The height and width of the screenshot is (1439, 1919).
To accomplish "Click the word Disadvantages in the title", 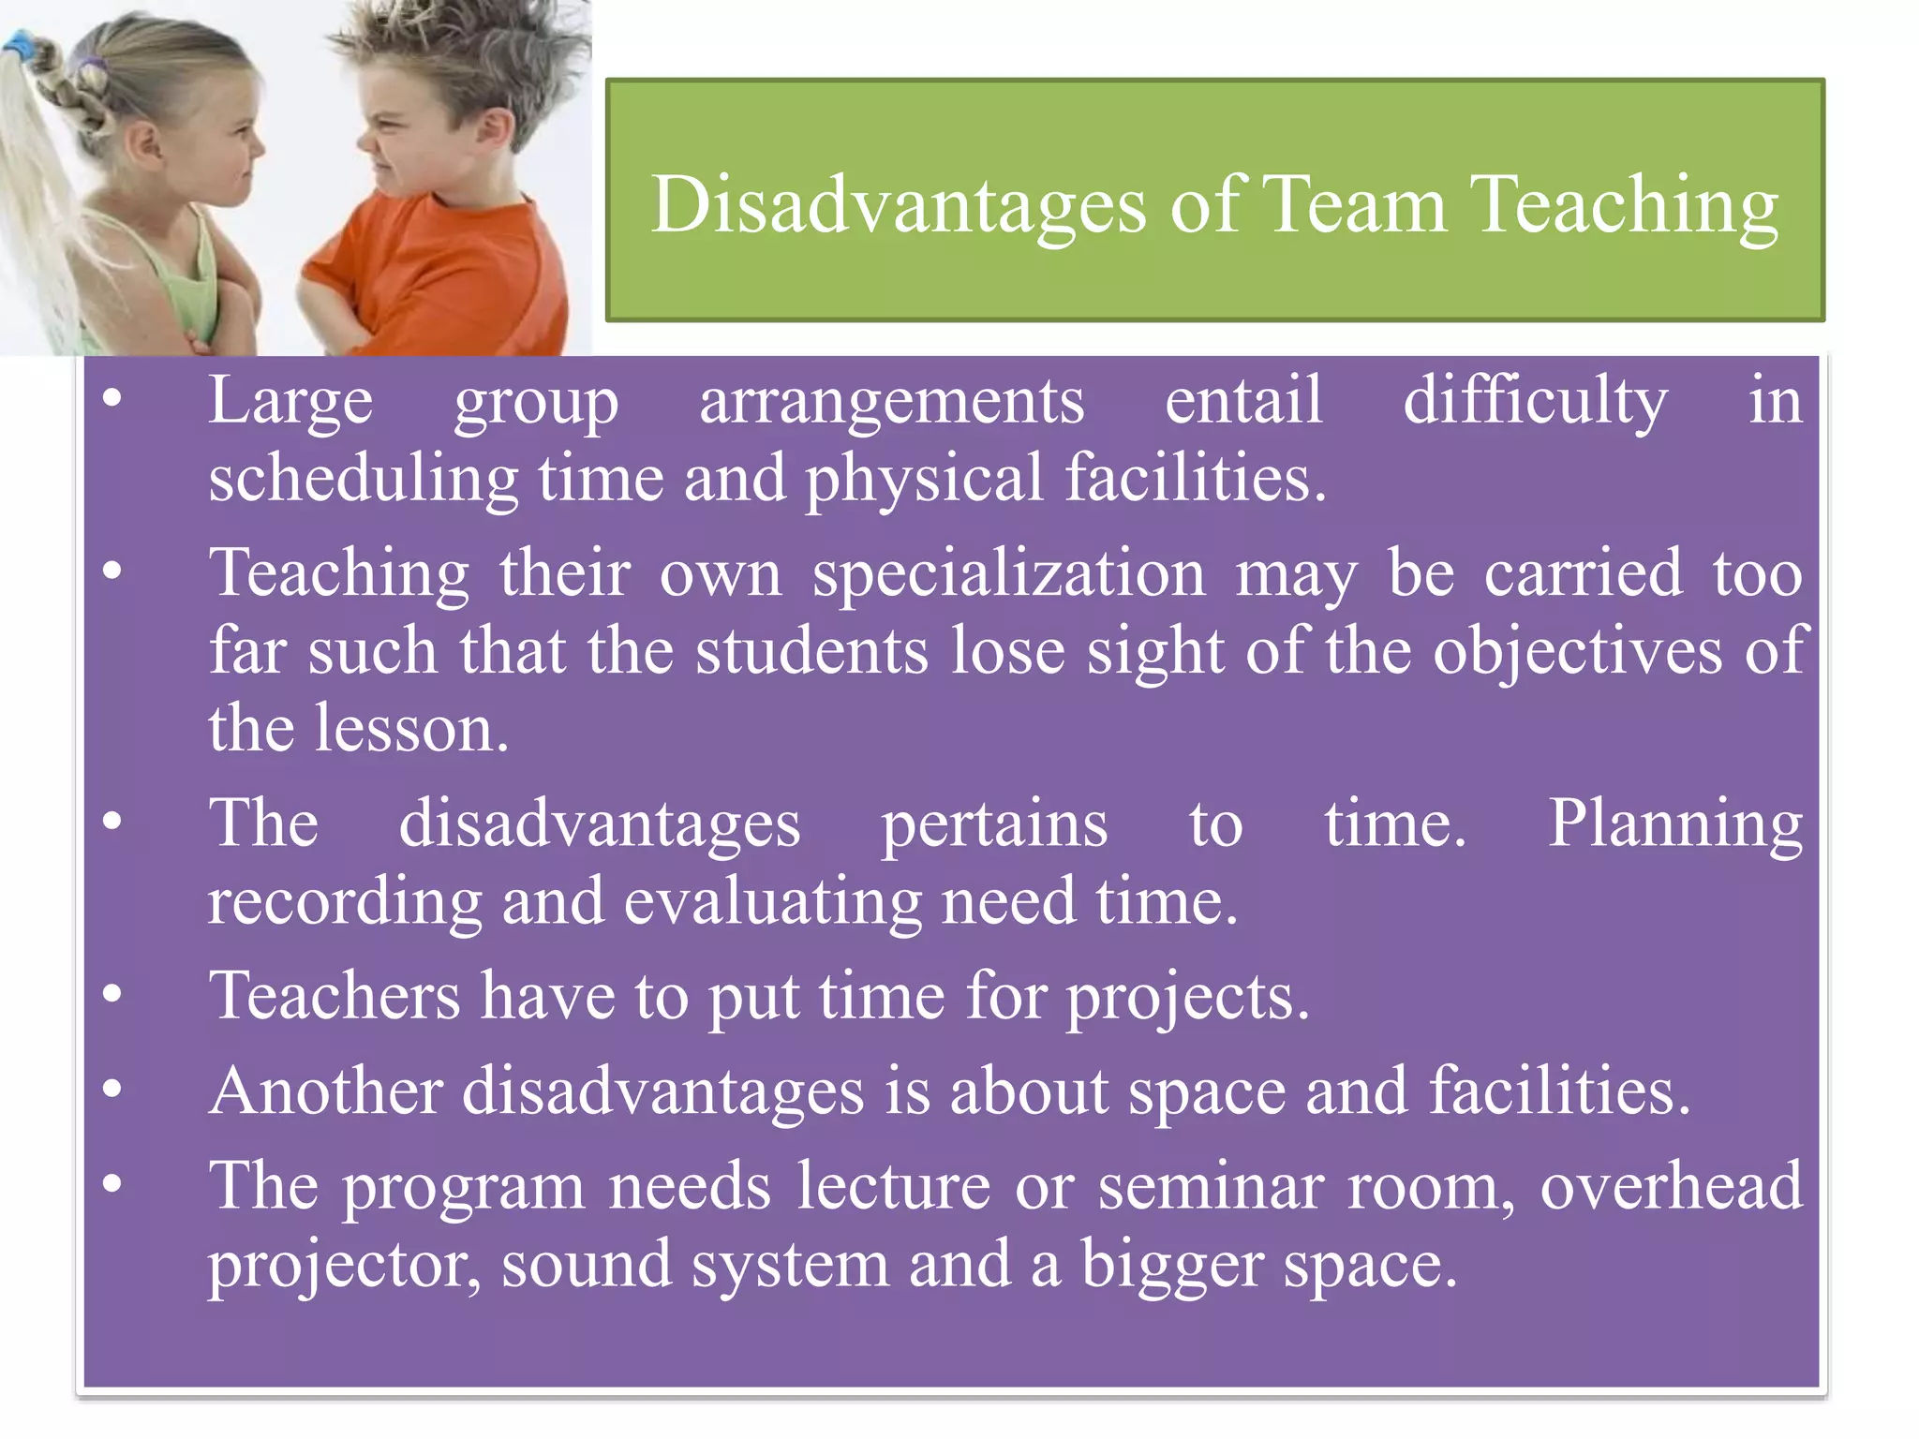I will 898,205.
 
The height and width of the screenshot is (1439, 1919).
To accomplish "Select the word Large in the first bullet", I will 290,402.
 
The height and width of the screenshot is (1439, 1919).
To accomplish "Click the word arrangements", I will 891,402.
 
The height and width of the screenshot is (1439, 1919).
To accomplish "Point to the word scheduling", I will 363,479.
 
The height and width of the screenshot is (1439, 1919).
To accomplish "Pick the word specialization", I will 1008,573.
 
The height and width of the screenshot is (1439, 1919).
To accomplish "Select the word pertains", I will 994,824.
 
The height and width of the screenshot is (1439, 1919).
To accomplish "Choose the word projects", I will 1187,997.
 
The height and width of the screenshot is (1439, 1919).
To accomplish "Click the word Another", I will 325,1091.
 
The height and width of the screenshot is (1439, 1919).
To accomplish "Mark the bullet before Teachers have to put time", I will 112,994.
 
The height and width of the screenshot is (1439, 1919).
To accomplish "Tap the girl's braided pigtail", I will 66,84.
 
